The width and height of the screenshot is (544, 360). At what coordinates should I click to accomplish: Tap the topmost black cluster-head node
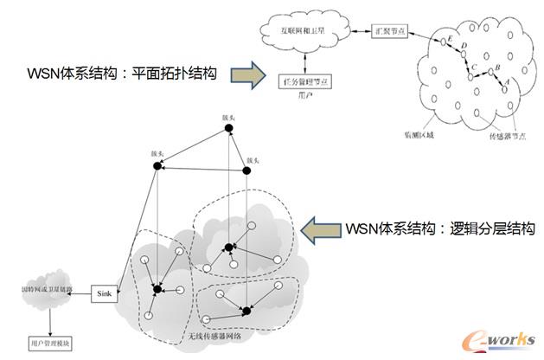coord(229,129)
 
